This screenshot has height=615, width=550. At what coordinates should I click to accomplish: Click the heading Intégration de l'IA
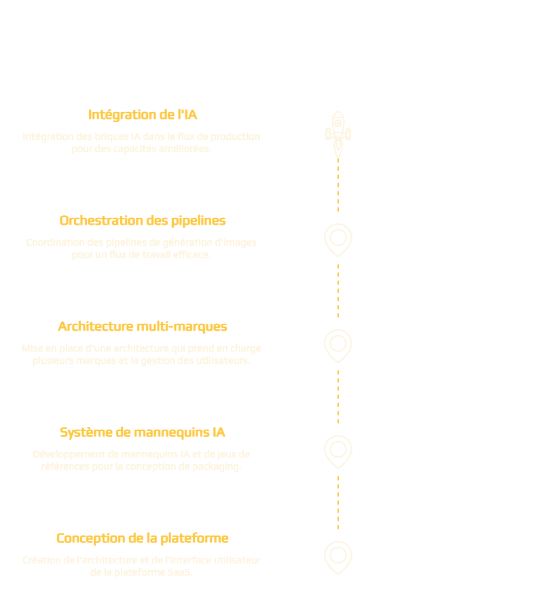coord(143,115)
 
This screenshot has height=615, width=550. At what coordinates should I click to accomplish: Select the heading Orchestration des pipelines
coord(143,221)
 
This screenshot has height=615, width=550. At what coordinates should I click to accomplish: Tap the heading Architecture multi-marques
coord(143,327)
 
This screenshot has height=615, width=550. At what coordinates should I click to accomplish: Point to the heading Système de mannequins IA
coord(143,432)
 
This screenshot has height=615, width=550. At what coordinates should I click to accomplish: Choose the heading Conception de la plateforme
coord(143,538)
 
